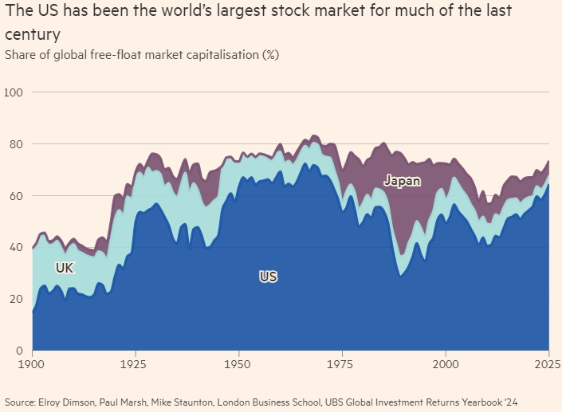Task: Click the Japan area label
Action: pyautogui.click(x=402, y=181)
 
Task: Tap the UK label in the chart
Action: pyautogui.click(x=65, y=269)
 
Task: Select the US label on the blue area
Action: pyautogui.click(x=268, y=277)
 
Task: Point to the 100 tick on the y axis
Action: pyautogui.click(x=14, y=92)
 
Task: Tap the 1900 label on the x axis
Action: pyautogui.click(x=32, y=364)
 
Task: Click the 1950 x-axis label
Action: pyautogui.click(x=239, y=364)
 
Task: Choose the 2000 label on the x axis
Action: pyautogui.click(x=446, y=364)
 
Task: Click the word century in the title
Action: pyautogui.click(x=31, y=36)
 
